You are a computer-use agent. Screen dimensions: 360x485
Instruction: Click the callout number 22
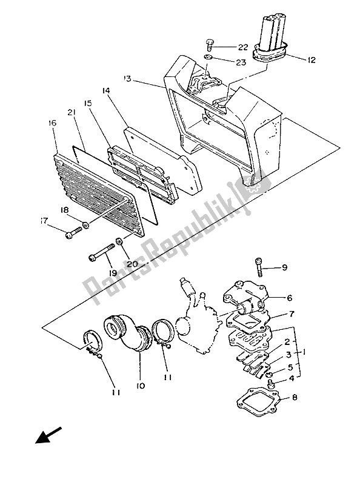pos(243,47)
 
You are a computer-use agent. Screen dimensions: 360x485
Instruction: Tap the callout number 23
pos(241,62)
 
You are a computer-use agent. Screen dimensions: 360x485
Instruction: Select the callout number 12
pos(312,59)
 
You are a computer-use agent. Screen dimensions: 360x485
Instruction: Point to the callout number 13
pos(127,79)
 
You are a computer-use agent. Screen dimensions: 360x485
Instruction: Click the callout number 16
pos(52,123)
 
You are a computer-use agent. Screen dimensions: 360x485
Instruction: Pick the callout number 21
pos(72,113)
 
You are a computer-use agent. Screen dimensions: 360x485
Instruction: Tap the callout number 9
pos(284,267)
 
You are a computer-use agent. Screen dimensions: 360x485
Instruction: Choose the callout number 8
pos(295,397)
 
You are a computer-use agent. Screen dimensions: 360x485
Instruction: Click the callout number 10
pos(141,386)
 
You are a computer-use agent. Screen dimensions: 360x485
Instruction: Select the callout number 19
pos(113,273)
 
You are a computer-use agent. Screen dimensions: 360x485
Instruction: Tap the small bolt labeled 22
pos(209,45)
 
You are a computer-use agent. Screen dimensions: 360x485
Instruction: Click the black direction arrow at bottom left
pos(48,435)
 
